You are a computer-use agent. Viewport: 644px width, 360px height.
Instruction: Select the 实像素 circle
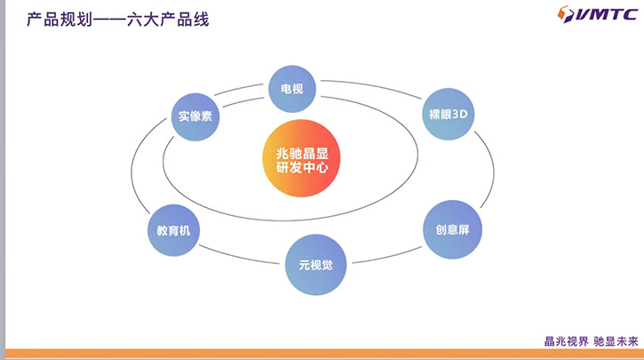point(195,116)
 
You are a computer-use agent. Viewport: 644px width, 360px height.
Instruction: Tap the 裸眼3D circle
point(448,115)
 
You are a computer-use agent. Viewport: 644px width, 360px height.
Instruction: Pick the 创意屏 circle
point(452,229)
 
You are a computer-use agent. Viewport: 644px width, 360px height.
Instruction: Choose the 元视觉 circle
point(314,264)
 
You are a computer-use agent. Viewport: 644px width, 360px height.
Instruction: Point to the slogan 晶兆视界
point(565,340)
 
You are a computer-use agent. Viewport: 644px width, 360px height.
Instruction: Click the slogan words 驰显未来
point(615,340)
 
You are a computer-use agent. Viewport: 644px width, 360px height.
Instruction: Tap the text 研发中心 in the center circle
point(302,166)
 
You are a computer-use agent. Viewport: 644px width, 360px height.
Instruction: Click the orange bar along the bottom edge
point(322,354)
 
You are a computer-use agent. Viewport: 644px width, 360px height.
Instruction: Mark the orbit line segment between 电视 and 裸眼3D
point(373,87)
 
